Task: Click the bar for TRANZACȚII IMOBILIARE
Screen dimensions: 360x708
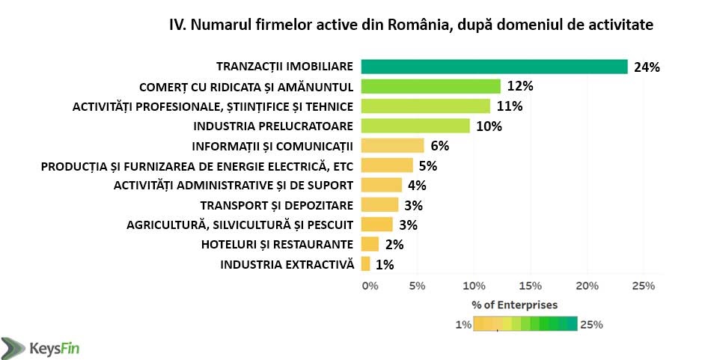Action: (494, 67)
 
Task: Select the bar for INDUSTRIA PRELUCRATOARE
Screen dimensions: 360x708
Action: (415, 126)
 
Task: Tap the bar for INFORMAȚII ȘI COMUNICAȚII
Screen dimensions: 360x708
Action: (392, 145)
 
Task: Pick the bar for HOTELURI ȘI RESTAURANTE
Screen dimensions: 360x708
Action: (370, 244)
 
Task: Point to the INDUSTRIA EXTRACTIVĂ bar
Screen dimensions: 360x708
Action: (365, 263)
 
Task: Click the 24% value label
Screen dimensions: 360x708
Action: (646, 67)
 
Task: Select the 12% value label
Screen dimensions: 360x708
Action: (519, 86)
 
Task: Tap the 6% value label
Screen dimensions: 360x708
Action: (439, 145)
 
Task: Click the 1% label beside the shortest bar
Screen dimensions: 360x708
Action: (385, 263)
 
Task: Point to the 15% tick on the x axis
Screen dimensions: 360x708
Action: (531, 285)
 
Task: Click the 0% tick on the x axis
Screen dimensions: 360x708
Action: (369, 285)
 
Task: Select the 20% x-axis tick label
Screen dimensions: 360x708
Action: (588, 285)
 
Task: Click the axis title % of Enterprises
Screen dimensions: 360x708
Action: (514, 305)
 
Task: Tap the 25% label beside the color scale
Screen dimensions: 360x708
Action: (591, 324)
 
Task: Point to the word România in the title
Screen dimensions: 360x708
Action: (421, 25)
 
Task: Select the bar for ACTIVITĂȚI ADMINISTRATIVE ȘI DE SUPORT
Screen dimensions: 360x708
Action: (382, 185)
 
